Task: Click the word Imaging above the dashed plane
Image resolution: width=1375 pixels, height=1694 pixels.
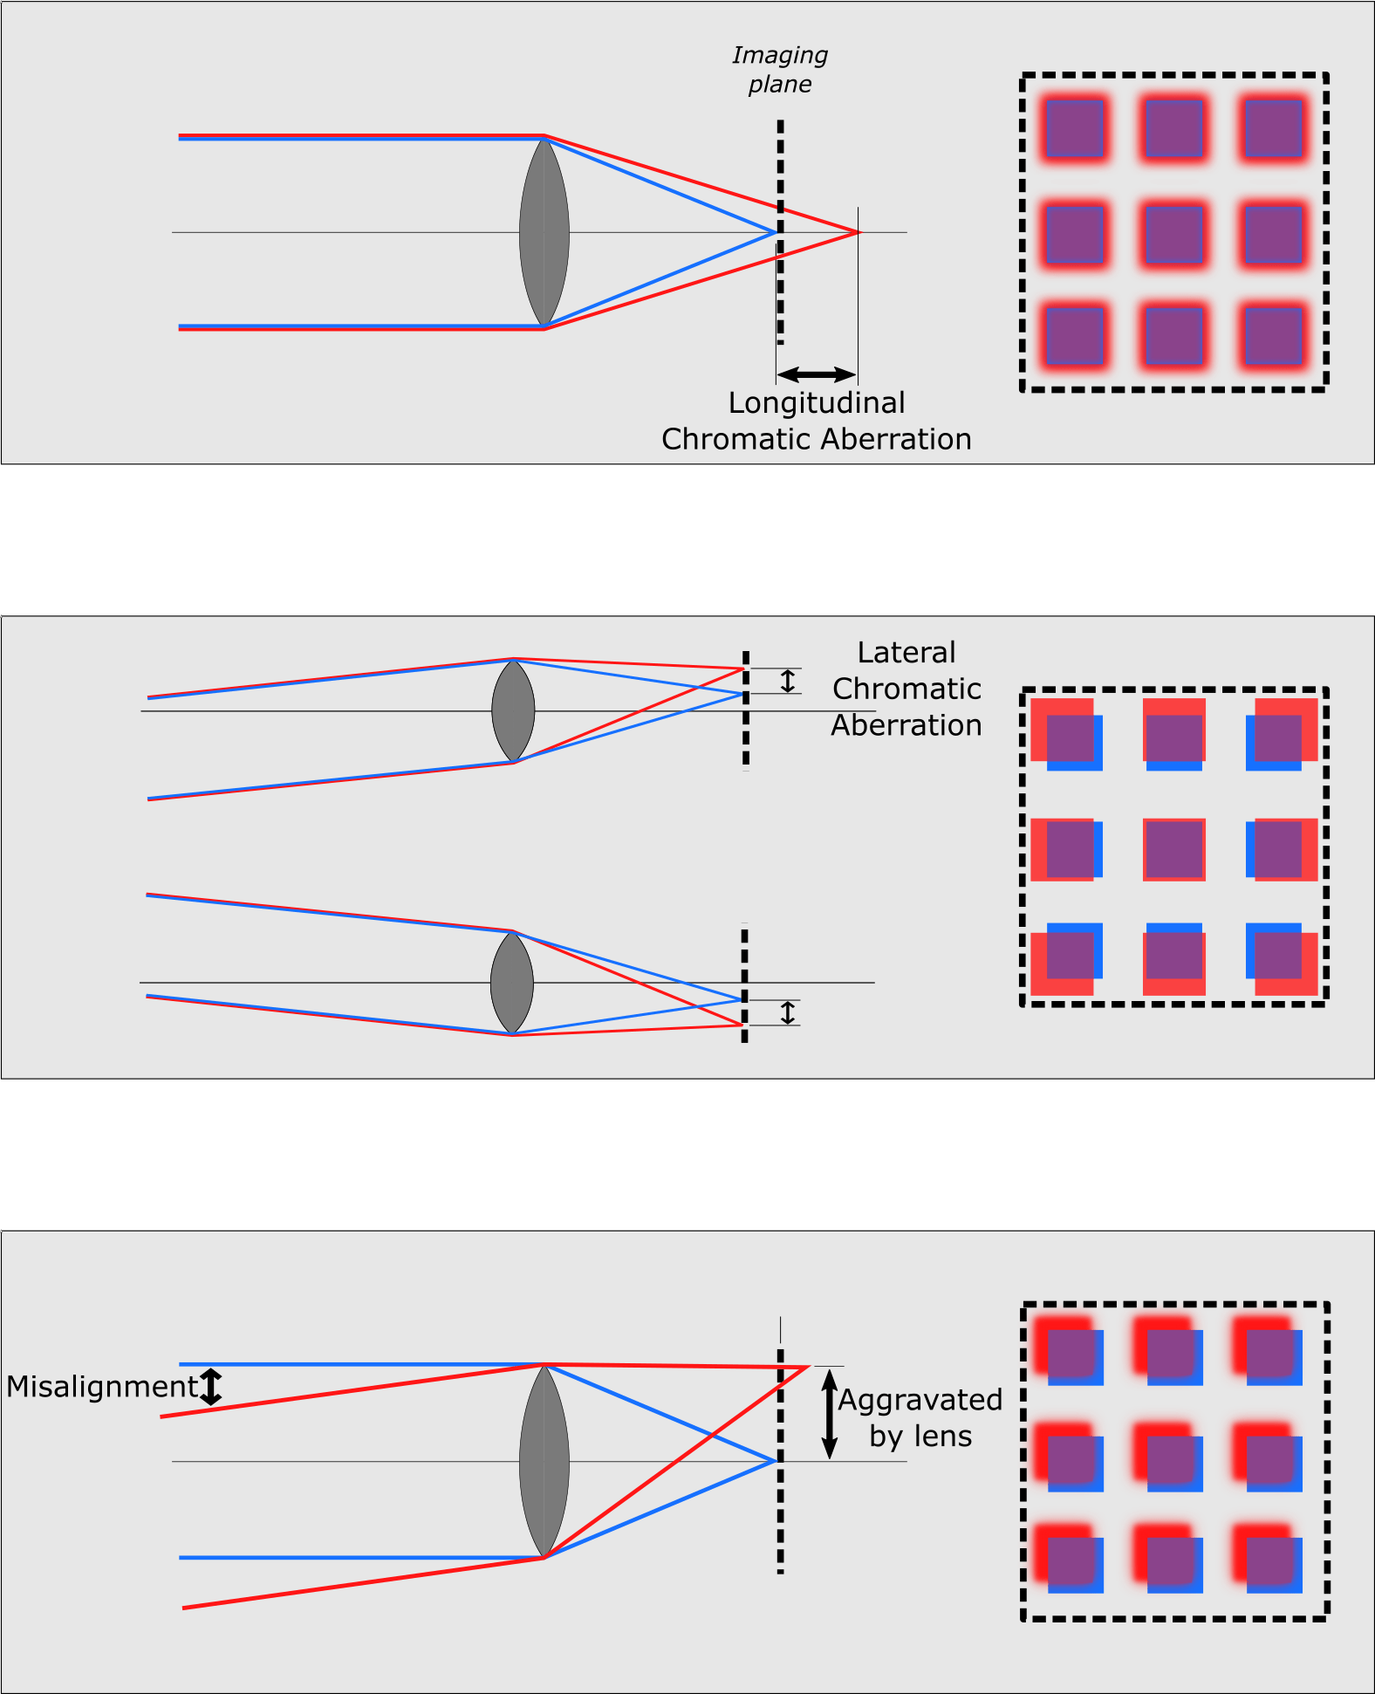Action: pyautogui.click(x=779, y=56)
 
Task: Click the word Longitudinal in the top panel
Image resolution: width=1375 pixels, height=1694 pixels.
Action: pyautogui.click(x=817, y=403)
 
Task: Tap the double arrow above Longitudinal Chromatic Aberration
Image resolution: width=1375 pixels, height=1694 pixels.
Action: pyautogui.click(x=816, y=375)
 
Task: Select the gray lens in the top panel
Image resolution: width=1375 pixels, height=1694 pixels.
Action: pyautogui.click(x=544, y=233)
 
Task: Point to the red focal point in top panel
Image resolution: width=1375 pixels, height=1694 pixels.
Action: pyautogui.click(x=858, y=232)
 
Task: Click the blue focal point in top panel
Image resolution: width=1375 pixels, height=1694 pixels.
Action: pyautogui.click(x=776, y=232)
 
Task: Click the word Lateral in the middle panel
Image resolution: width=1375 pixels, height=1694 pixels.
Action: pyautogui.click(x=906, y=653)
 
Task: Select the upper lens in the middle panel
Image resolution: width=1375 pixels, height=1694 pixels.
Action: pyautogui.click(x=513, y=710)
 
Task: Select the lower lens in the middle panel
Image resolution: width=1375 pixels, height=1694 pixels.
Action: pyautogui.click(x=512, y=983)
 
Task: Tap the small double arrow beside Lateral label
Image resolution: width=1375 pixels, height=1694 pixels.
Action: pyautogui.click(x=788, y=681)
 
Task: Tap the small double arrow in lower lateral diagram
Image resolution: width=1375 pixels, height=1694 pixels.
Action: pyautogui.click(x=788, y=1012)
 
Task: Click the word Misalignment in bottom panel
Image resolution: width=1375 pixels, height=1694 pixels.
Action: pyautogui.click(x=103, y=1387)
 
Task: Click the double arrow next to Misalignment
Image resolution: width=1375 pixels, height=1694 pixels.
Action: pyautogui.click(x=211, y=1387)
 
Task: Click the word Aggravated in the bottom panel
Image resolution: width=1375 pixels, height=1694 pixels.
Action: pyautogui.click(x=920, y=1400)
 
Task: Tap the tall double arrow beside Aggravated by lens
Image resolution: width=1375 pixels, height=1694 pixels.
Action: pyautogui.click(x=830, y=1414)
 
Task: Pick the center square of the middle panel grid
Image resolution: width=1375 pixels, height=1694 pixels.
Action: pyautogui.click(x=1174, y=849)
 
